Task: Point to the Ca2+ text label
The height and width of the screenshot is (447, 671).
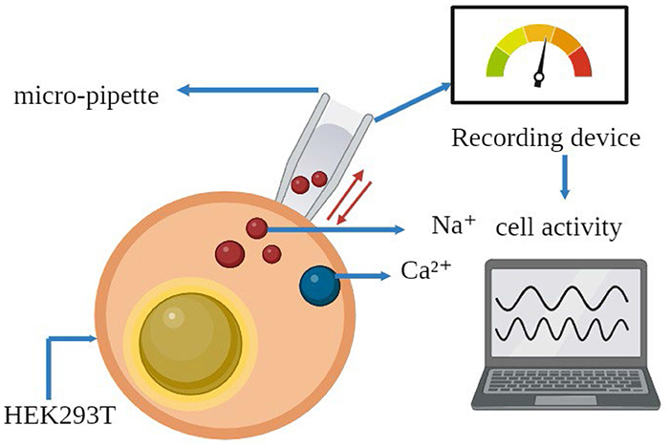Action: [x=420, y=274]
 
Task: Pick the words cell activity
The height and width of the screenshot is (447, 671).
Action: [x=559, y=227]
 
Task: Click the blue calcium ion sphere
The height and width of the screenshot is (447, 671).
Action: [x=318, y=286]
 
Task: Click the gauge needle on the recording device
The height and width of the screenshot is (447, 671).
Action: [x=542, y=59]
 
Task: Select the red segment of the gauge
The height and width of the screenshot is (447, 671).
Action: [x=580, y=64]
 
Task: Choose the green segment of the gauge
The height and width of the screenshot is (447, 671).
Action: [x=500, y=64]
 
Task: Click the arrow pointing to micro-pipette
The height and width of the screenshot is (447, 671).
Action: [x=249, y=91]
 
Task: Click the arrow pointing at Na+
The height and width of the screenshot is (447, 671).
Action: [x=335, y=229]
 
